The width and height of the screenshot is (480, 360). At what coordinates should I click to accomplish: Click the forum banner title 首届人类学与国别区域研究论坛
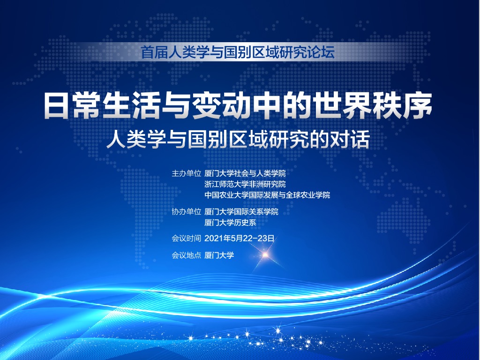(238, 52)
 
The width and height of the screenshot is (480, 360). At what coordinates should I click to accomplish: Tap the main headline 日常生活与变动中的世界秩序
(238, 105)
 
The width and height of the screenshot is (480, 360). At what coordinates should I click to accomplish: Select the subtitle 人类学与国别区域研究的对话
(238, 140)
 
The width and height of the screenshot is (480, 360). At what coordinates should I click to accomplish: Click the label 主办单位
(186, 173)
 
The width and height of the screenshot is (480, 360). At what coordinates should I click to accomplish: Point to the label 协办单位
(186, 211)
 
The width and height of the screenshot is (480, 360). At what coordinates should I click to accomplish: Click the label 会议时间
(186, 238)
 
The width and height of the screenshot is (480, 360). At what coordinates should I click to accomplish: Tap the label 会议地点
(186, 255)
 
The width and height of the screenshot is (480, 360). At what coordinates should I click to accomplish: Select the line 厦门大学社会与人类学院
(245, 173)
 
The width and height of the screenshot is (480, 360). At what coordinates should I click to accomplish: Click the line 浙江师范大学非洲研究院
(245, 184)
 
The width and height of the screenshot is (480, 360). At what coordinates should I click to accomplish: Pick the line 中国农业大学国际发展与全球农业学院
(267, 195)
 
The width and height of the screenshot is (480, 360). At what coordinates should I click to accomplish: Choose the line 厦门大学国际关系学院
(241, 211)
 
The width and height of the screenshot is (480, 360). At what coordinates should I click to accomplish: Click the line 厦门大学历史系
(230, 223)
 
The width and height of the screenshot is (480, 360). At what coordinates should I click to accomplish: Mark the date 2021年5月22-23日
(239, 238)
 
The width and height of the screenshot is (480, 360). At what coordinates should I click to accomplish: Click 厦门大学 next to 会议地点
(219, 255)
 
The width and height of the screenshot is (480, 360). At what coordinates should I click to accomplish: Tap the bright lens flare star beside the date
(265, 254)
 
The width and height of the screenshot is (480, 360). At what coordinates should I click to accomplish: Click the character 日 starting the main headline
(56, 105)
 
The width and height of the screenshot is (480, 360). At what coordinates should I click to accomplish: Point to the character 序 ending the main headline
(419, 105)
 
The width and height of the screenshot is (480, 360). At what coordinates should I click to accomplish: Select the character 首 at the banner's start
(147, 52)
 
